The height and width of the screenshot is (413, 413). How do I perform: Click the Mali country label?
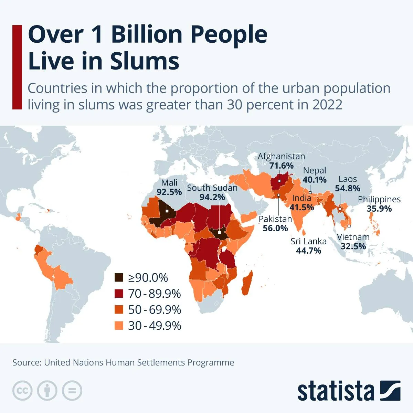tap(169, 183)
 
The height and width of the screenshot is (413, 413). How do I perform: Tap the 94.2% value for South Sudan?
tap(212, 197)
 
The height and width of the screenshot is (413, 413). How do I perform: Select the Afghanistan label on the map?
tap(281, 156)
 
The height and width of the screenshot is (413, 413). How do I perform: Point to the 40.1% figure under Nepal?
tap(314, 180)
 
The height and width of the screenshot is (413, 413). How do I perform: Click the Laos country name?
tap(348, 179)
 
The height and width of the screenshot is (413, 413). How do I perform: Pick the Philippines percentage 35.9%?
tap(379, 209)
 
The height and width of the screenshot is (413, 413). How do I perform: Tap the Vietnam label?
tap(353, 237)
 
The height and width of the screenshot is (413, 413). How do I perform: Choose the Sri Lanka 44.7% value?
tap(308, 251)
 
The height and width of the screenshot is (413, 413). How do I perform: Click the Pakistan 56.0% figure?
tap(275, 228)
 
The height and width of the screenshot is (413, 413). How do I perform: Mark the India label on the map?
tap(301, 198)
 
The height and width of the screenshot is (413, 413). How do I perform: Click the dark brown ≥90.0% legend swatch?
tap(119, 277)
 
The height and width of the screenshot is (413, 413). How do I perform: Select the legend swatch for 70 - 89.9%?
tap(119, 294)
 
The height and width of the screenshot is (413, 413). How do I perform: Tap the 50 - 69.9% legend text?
tap(155, 309)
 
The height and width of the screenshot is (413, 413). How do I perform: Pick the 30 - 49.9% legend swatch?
tap(119, 326)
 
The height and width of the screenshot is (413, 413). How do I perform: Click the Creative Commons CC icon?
tap(22, 391)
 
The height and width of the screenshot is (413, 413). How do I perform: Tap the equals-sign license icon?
tap(72, 391)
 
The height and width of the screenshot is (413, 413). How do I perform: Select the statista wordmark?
tap(336, 391)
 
